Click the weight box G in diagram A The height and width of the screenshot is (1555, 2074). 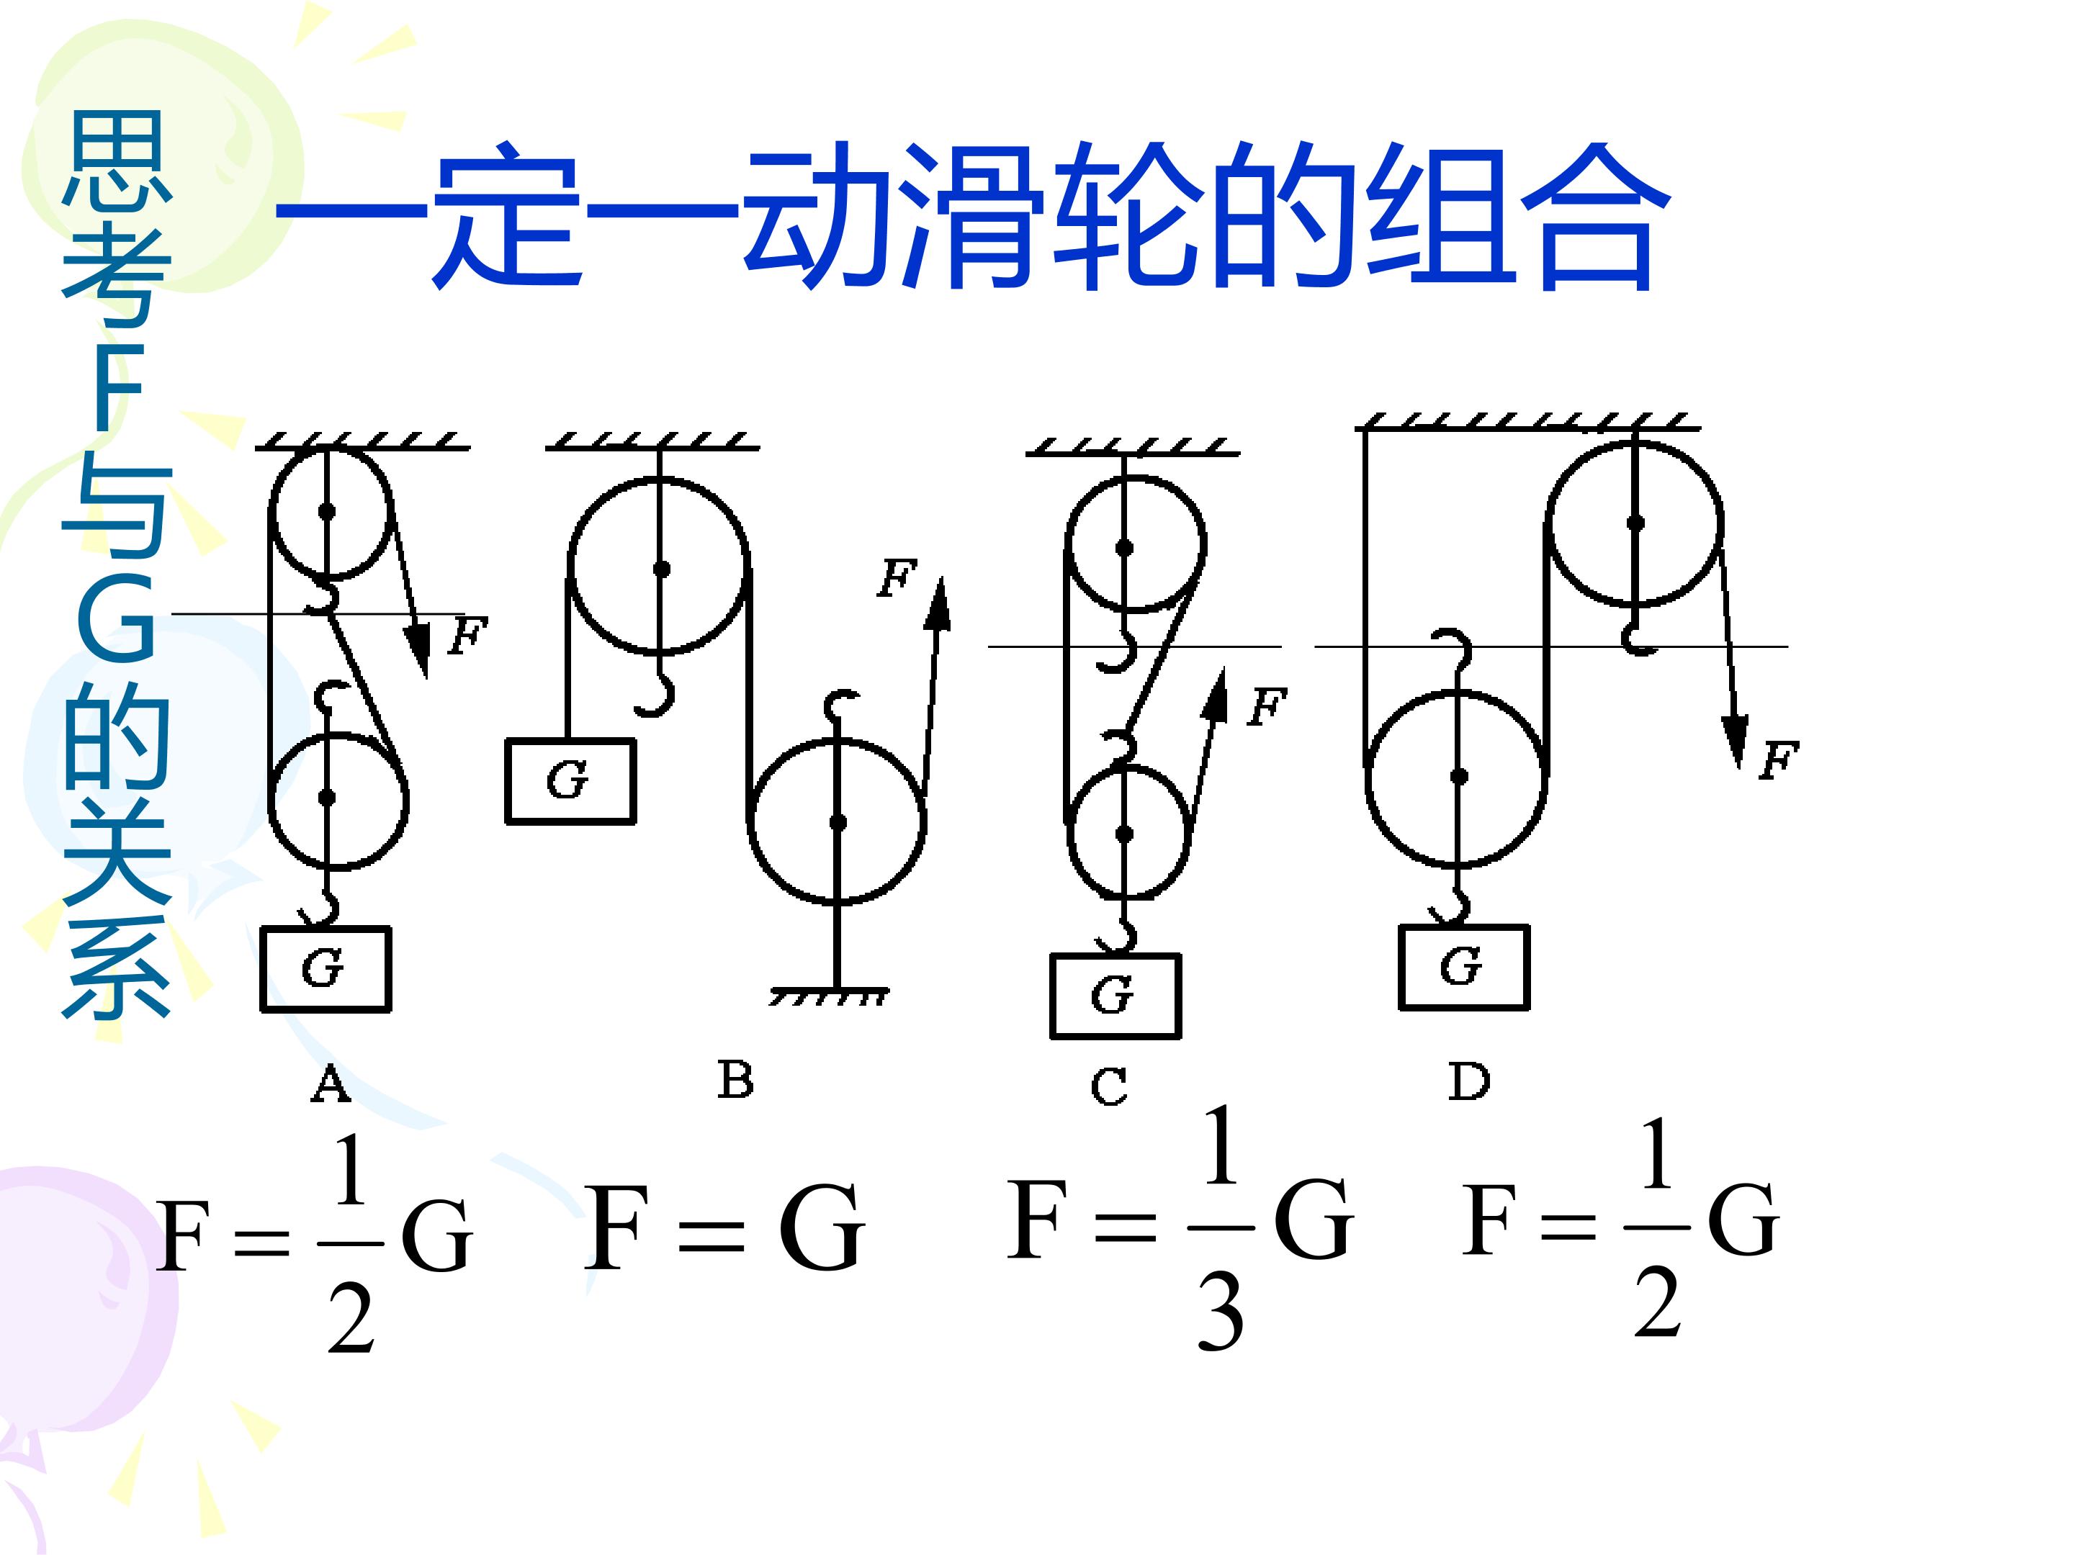coord(326,969)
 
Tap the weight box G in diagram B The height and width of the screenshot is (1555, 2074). coord(570,781)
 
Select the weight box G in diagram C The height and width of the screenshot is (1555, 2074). coord(1115,996)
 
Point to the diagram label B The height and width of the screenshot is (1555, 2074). coord(735,1080)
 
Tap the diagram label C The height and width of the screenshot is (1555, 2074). coord(1109,1087)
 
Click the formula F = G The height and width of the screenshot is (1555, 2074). coord(724,1228)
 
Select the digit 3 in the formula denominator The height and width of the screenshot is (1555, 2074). coord(1221,1315)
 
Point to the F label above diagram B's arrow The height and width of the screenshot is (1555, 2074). coord(897,578)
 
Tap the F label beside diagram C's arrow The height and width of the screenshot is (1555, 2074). coord(1267,707)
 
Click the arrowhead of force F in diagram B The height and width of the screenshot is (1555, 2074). coord(937,603)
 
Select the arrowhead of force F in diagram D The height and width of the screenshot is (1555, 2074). coord(1736,742)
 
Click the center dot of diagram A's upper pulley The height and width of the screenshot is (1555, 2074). coord(326,512)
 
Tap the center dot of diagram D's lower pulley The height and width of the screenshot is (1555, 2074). coord(1459,776)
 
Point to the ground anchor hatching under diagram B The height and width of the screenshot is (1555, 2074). coord(829,996)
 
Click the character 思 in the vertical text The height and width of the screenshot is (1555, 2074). coord(116,159)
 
